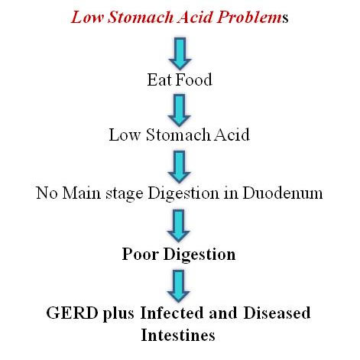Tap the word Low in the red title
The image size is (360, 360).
[x=87, y=18]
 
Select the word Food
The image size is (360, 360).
[x=194, y=79]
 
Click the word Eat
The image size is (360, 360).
[x=160, y=79]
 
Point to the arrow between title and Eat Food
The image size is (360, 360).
[x=180, y=54]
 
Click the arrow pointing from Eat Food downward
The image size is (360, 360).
[x=180, y=110]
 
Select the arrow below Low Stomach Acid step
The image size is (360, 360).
[x=179, y=167]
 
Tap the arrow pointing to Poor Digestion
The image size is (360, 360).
[x=178, y=226]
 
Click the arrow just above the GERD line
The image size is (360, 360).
[x=178, y=286]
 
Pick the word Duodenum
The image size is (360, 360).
[x=283, y=193]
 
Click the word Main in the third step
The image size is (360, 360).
[x=82, y=193]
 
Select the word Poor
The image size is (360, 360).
[x=140, y=254]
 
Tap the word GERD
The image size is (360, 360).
[x=72, y=313]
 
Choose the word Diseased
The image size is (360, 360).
[x=277, y=313]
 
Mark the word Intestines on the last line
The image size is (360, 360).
[x=178, y=335]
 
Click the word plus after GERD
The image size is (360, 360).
[x=118, y=314]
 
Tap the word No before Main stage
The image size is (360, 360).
[x=47, y=193]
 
